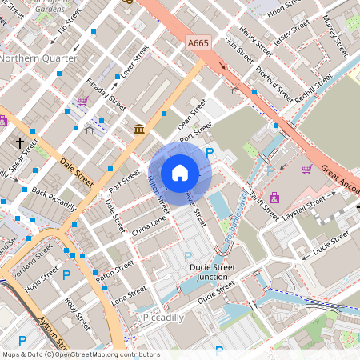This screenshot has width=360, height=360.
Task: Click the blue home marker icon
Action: (180, 173)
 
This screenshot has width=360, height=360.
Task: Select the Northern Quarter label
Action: (38, 58)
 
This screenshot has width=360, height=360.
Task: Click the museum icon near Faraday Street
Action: (139, 129)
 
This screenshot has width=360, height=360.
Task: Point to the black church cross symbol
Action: (20, 143)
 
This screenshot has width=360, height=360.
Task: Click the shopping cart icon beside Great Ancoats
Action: (307, 169)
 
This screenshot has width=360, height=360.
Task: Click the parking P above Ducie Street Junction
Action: (188, 256)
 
